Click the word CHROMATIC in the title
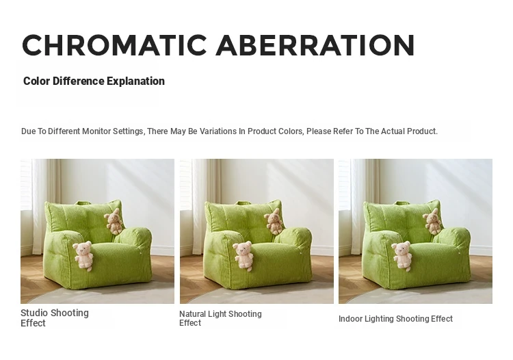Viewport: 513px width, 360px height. [x=114, y=45]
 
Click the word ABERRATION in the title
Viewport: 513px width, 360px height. [x=315, y=45]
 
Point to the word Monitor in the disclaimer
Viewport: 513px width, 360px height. [x=96, y=131]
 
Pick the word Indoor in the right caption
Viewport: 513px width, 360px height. [x=350, y=318]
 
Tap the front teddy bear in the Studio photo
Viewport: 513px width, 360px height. [x=83, y=255]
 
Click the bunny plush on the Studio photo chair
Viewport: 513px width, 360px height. [x=114, y=221]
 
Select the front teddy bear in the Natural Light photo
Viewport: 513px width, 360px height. [x=244, y=255]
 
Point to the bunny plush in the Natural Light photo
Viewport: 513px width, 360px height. [x=274, y=221]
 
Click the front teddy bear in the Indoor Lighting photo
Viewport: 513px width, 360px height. [x=402, y=255]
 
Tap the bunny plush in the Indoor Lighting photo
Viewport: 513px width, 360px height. [x=432, y=221]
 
